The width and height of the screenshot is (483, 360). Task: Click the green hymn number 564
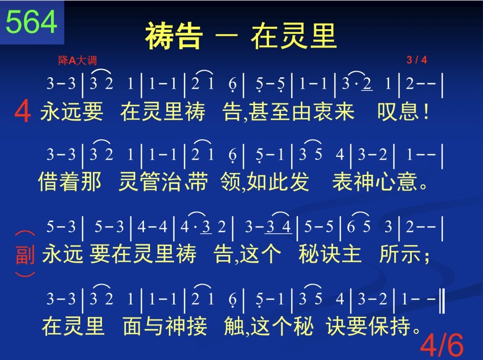click(32, 22)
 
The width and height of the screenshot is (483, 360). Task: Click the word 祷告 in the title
click(174, 36)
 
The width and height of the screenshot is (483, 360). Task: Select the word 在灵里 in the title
click(293, 36)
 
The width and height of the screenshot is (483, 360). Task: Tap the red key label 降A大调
click(77, 60)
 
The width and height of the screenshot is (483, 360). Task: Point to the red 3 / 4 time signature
click(416, 60)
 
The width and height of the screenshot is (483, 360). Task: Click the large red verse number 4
click(23, 112)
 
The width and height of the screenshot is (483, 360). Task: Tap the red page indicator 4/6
click(441, 344)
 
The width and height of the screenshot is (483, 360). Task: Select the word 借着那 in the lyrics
click(70, 181)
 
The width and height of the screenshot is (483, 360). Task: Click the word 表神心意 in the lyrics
click(375, 181)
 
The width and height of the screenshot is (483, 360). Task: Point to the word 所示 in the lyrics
click(400, 254)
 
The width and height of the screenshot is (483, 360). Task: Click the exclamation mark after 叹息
click(426, 111)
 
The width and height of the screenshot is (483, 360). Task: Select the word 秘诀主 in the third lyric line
click(330, 254)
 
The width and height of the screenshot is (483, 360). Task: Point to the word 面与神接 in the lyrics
click(165, 326)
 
